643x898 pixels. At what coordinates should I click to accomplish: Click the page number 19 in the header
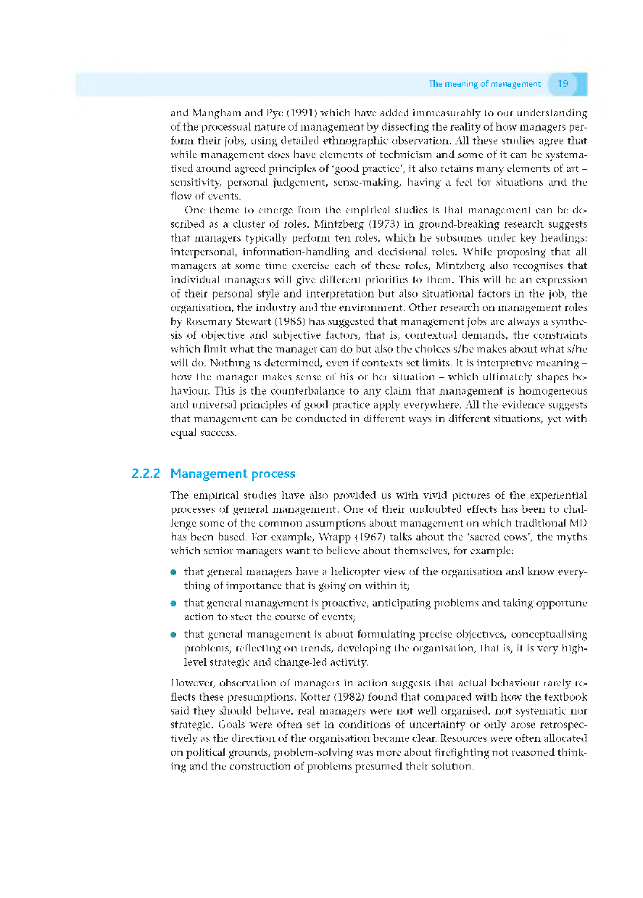coord(563,84)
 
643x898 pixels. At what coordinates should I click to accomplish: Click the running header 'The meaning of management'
coord(484,84)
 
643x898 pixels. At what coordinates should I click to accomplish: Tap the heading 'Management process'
coord(233,474)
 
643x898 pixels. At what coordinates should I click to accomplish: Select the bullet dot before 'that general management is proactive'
coord(174,604)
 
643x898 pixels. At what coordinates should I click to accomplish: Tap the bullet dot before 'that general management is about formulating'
coord(174,635)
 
